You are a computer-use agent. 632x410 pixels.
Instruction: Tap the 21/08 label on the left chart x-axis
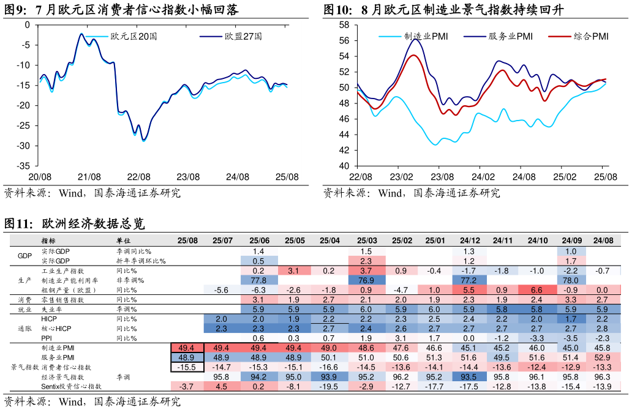click(89, 177)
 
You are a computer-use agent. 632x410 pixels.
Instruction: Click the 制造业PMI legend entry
click(426, 37)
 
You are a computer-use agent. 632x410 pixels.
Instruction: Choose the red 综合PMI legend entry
click(591, 37)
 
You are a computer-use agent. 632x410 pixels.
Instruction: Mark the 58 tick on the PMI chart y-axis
click(344, 25)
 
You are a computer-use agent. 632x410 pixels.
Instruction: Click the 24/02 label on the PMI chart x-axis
click(483, 177)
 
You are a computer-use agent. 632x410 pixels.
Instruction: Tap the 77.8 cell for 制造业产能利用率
click(258, 280)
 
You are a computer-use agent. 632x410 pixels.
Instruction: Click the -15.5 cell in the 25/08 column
click(187, 367)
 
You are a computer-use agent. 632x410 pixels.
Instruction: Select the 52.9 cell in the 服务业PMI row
click(602, 357)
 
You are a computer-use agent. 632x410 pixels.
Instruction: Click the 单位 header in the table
click(124, 241)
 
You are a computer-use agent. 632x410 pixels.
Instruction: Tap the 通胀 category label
click(24, 329)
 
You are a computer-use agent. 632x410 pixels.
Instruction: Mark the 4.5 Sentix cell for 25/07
click(221, 387)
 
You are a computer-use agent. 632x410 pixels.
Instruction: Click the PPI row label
click(47, 338)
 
